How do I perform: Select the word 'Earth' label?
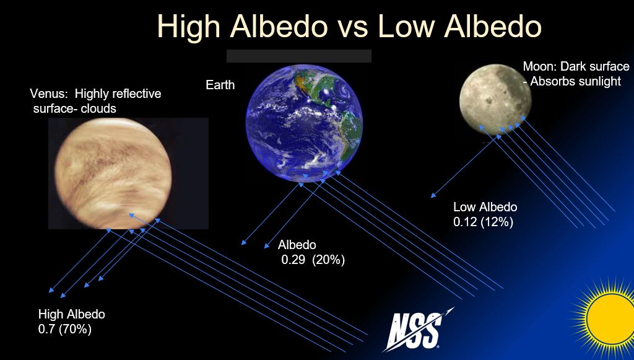[x=220, y=85]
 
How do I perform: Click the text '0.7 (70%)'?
[x=65, y=329]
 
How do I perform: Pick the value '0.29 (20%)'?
[x=313, y=260]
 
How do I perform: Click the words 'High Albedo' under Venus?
[x=72, y=314]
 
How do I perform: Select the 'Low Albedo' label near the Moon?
[x=485, y=207]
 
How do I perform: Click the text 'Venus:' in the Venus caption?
[x=48, y=94]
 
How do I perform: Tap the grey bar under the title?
[x=299, y=56]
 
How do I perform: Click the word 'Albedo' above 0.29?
[x=297, y=245]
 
